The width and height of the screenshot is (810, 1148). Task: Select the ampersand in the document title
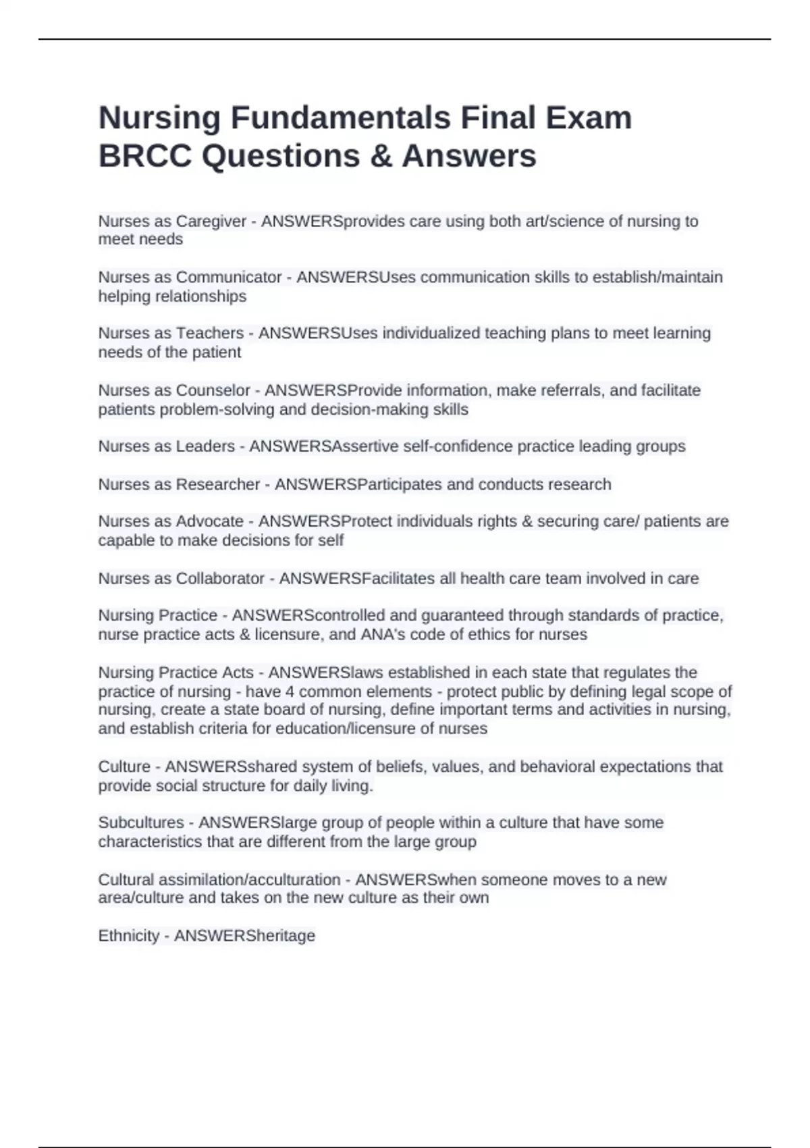[x=381, y=156]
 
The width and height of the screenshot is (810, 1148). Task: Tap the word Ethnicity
[x=128, y=936]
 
